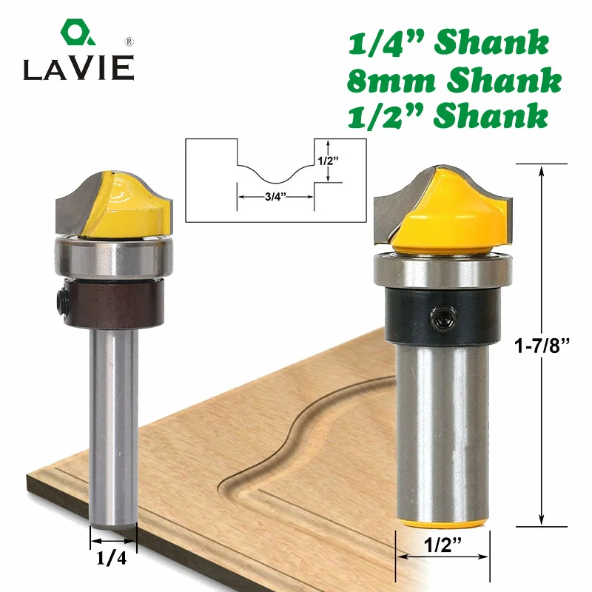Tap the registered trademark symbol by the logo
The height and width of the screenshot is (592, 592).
tap(129, 41)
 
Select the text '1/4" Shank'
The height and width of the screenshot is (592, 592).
tap(448, 43)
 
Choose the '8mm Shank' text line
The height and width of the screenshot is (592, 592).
tap(454, 80)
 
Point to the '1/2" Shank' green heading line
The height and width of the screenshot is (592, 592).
tap(448, 116)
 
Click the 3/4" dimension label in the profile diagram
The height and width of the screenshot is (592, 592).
tap(275, 197)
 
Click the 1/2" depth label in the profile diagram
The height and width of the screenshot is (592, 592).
tap(328, 161)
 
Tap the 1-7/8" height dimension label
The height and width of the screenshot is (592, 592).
tap(542, 345)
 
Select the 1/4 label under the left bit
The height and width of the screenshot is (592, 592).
tap(112, 558)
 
